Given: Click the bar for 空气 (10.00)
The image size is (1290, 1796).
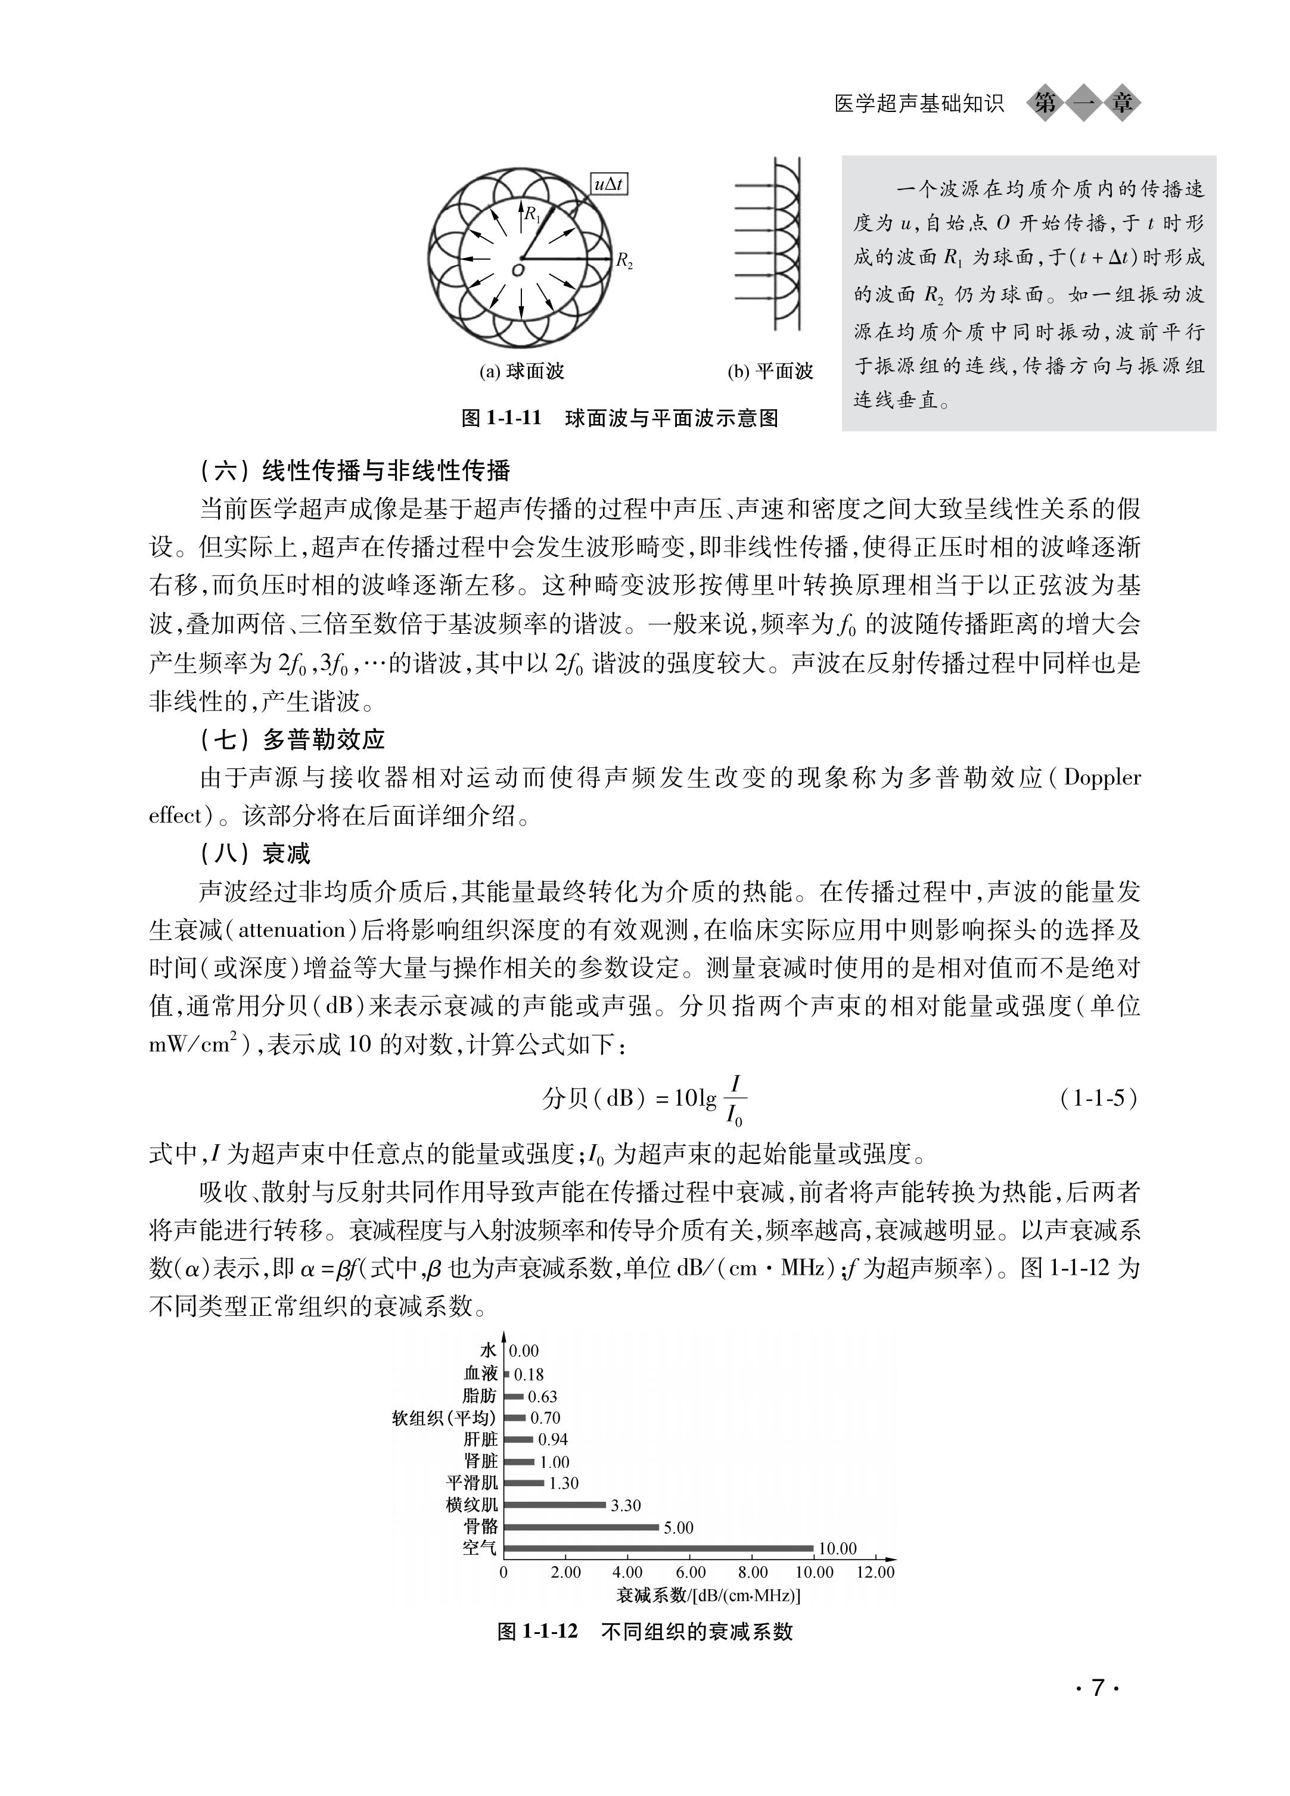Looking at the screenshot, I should point(659,1548).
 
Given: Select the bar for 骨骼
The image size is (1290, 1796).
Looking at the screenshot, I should point(582,1527).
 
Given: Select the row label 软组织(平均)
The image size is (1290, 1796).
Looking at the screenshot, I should point(444,1418).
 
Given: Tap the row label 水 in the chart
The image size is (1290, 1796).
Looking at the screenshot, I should point(489,1351).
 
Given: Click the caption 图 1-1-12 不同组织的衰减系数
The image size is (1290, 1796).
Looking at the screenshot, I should point(645,1631).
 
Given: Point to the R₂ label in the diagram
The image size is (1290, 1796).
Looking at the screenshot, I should point(624,260).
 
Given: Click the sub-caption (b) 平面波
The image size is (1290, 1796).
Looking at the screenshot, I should point(770,371).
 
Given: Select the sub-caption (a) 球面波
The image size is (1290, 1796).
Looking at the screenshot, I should point(521,371).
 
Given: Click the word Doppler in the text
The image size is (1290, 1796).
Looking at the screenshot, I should point(1102,777).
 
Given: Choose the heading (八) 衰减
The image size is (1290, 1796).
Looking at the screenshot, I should point(255,854).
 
